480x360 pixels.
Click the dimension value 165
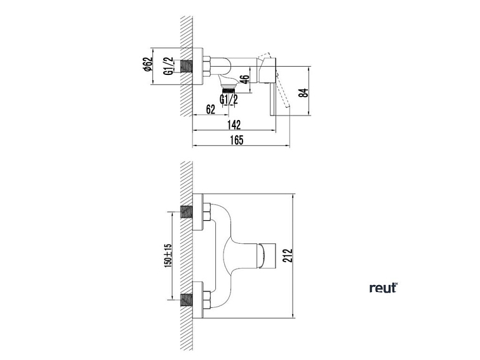pyautogui.click(x=237, y=140)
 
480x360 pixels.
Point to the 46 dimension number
pyautogui.click(x=245, y=81)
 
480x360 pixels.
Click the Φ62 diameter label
pyautogui.click(x=148, y=66)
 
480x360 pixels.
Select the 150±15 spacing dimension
pyautogui.click(x=168, y=255)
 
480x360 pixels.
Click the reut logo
pyautogui.click(x=383, y=288)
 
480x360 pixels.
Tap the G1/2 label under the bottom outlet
pyautogui.click(x=229, y=99)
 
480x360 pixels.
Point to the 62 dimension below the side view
pyautogui.click(x=211, y=109)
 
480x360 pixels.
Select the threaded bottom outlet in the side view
pyautogui.click(x=229, y=83)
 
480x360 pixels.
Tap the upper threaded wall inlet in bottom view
pyautogui.click(x=187, y=212)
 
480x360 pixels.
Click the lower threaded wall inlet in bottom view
pyautogui.click(x=187, y=298)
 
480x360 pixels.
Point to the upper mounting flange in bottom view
pyautogui.click(x=199, y=212)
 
